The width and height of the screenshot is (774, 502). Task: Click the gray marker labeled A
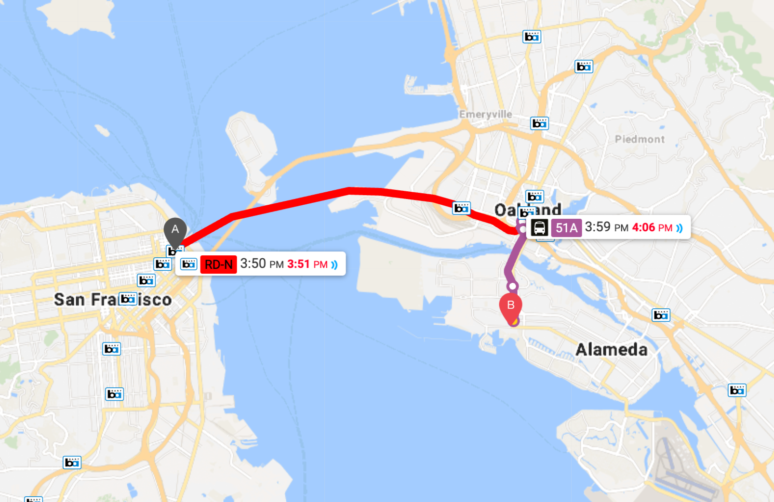pos(175,230)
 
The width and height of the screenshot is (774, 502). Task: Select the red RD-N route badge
pos(218,264)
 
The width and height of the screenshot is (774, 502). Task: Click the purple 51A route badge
pos(566,228)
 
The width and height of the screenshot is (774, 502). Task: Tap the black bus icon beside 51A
pos(539,227)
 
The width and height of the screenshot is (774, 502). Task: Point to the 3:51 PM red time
pos(307,264)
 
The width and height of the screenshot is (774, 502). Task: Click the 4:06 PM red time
pos(652,227)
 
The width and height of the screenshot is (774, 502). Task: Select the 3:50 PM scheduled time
pos(262,264)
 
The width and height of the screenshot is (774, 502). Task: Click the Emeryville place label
pos(485,114)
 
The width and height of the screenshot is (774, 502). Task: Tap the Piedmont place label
pos(640,139)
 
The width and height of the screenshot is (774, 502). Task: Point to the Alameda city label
pos(612,349)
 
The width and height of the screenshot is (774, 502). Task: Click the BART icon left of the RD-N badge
pos(188,264)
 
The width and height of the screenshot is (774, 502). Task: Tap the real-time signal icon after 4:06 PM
pos(680,228)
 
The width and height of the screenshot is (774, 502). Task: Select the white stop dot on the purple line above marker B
pos(512,286)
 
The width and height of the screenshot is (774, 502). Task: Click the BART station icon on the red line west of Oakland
pos(461,208)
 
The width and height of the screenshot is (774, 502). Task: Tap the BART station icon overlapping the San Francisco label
pos(128,299)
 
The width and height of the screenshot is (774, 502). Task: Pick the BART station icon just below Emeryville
pos(539,123)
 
